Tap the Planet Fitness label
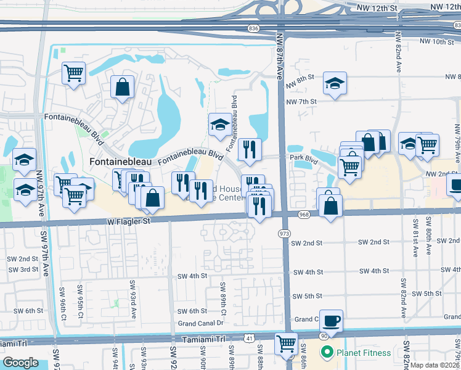[362, 353]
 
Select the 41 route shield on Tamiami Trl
[248, 339]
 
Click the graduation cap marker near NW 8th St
[335, 83]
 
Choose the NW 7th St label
[301, 101]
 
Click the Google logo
[20, 363]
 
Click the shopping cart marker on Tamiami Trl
[286, 343]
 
